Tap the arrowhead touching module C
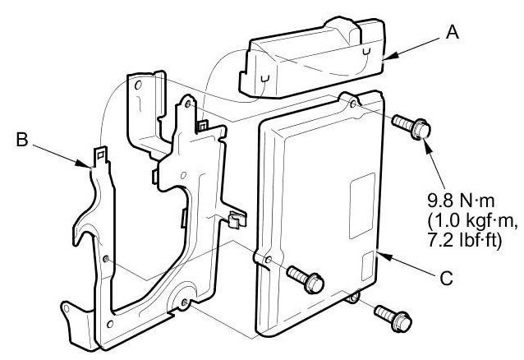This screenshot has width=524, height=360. pyautogui.click(x=379, y=257)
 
